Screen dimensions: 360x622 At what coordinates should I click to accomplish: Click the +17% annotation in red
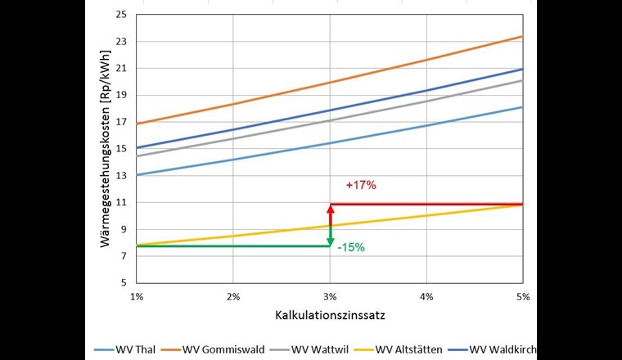click(361, 186)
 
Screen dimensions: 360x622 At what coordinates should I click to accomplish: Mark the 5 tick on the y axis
click(123, 282)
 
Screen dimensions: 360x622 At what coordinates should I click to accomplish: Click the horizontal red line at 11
click(426, 204)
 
